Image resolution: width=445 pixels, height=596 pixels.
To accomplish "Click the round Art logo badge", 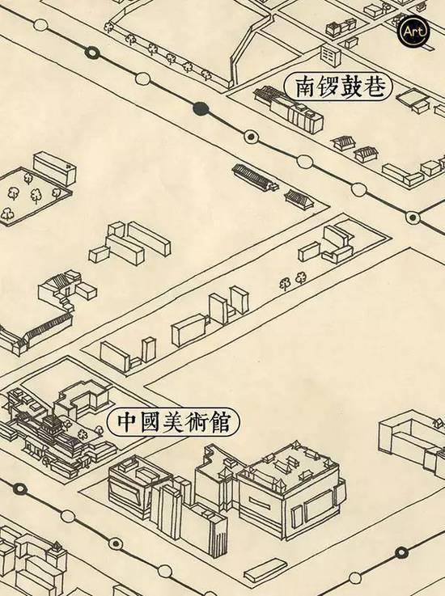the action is point(413,32).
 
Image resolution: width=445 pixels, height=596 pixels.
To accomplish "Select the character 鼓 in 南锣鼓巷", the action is point(350,87).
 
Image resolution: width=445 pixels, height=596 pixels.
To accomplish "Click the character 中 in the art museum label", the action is point(125,422).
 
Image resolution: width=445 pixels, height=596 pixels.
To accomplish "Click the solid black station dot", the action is point(201,109).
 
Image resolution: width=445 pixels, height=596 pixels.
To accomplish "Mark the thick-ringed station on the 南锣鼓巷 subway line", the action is point(92,52).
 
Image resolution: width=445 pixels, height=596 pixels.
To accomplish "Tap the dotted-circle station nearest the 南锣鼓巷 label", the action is point(250,136).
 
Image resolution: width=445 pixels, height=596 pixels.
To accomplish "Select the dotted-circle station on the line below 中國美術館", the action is point(116,543).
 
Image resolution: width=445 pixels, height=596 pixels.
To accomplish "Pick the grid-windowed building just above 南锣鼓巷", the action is point(330,56).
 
